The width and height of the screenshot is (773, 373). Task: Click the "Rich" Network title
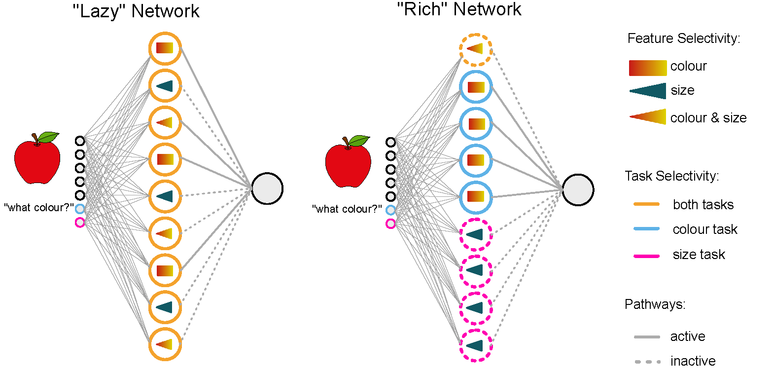click(x=459, y=9)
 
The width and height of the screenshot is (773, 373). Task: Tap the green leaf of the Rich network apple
click(x=359, y=140)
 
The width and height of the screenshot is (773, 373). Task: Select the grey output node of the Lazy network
click(x=267, y=188)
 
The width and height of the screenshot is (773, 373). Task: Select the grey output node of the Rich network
click(x=577, y=189)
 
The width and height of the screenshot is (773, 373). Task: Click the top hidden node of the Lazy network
click(x=165, y=48)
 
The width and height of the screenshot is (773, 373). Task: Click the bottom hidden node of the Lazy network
click(x=165, y=344)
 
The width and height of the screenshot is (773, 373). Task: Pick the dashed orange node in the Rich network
click(x=475, y=49)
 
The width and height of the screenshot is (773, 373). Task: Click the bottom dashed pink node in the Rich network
click(x=475, y=345)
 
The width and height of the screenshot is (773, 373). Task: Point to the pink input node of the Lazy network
click(x=80, y=223)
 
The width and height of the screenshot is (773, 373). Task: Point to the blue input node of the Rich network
click(x=390, y=210)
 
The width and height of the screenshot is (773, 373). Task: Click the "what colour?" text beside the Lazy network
click(x=38, y=208)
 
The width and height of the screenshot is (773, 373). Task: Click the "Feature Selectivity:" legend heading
click(x=684, y=38)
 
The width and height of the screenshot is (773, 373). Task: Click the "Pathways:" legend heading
click(x=655, y=304)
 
